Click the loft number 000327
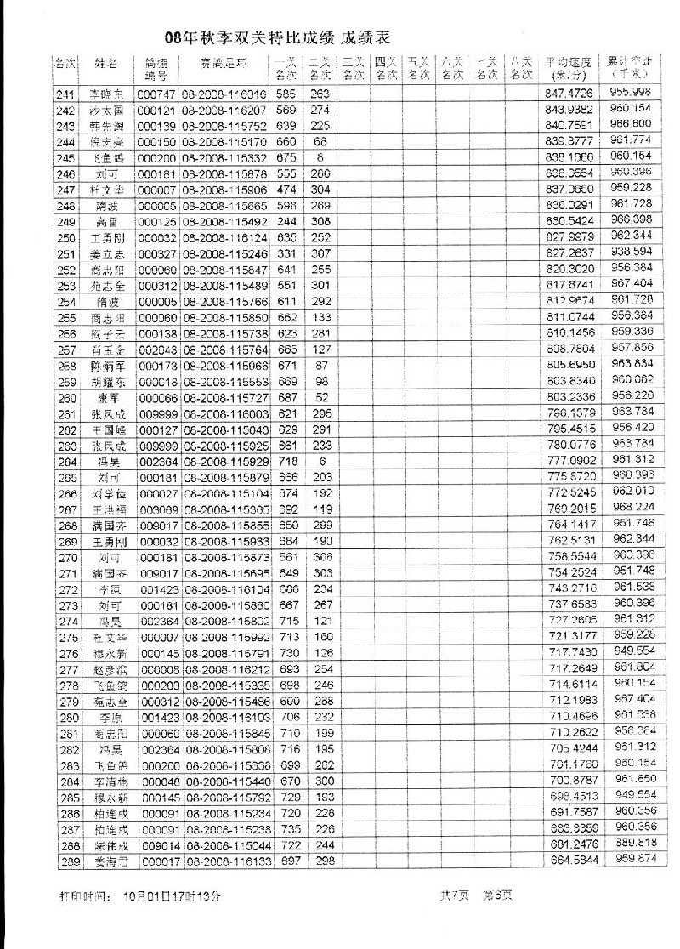click(156, 253)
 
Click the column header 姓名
click(106, 64)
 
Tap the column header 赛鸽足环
click(224, 64)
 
